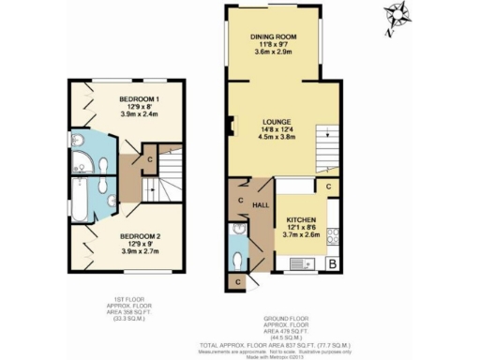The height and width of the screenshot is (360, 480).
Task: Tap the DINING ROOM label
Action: [273, 37]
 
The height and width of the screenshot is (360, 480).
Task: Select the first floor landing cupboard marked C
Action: [149, 159]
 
